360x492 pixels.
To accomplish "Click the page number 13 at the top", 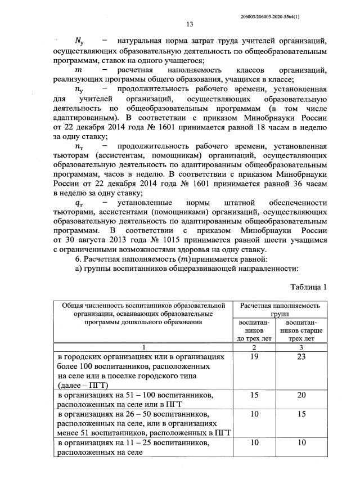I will tap(190, 24).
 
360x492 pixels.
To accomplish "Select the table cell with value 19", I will tap(254, 357).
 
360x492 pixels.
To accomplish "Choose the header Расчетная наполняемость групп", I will tap(280, 310).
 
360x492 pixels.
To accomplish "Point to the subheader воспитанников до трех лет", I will tap(254, 330).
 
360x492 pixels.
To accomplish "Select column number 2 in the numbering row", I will tap(254, 348).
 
